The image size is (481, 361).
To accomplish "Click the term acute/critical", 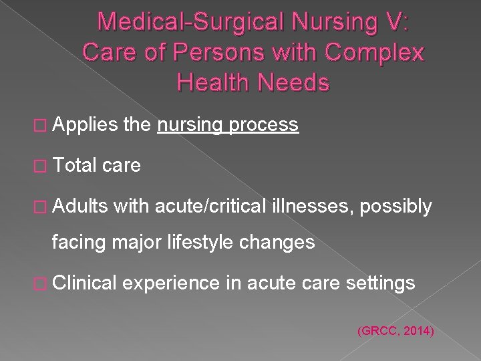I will tap(210, 207).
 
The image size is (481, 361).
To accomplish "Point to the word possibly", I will tap(395, 207).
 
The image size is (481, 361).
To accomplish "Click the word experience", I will tap(170, 284).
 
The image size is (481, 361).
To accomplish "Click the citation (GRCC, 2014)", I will tap(396, 330).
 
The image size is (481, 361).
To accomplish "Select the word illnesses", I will tap(312, 207).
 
